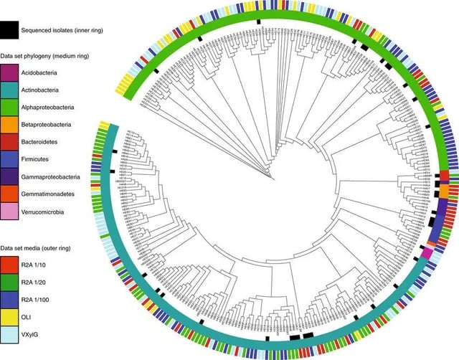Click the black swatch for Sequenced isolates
9,30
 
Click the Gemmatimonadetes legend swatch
9,194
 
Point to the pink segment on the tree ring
427,252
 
